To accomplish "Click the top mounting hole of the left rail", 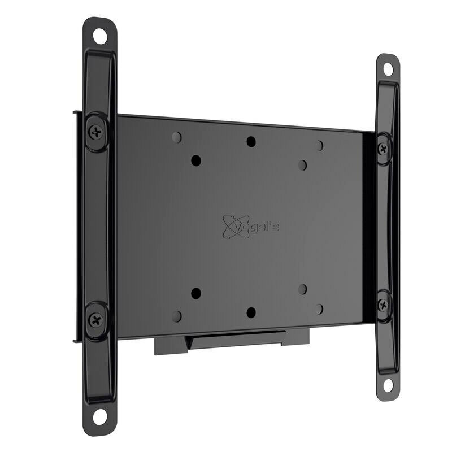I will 100,37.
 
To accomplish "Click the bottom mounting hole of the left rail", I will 100,416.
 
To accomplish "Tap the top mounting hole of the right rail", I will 388,69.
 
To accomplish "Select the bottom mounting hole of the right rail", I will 388,385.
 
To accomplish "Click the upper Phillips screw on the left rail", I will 95,133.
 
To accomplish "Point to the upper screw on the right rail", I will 384,149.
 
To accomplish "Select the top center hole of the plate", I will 251,141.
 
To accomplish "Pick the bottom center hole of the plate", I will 251,312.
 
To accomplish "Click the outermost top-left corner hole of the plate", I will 177,137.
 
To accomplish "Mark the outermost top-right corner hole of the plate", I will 319,146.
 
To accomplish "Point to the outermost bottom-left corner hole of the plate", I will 177,316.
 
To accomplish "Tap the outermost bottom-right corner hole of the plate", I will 319,308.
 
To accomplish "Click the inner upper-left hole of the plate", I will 196,160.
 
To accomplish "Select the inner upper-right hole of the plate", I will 302,165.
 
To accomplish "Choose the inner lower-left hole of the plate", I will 196,293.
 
